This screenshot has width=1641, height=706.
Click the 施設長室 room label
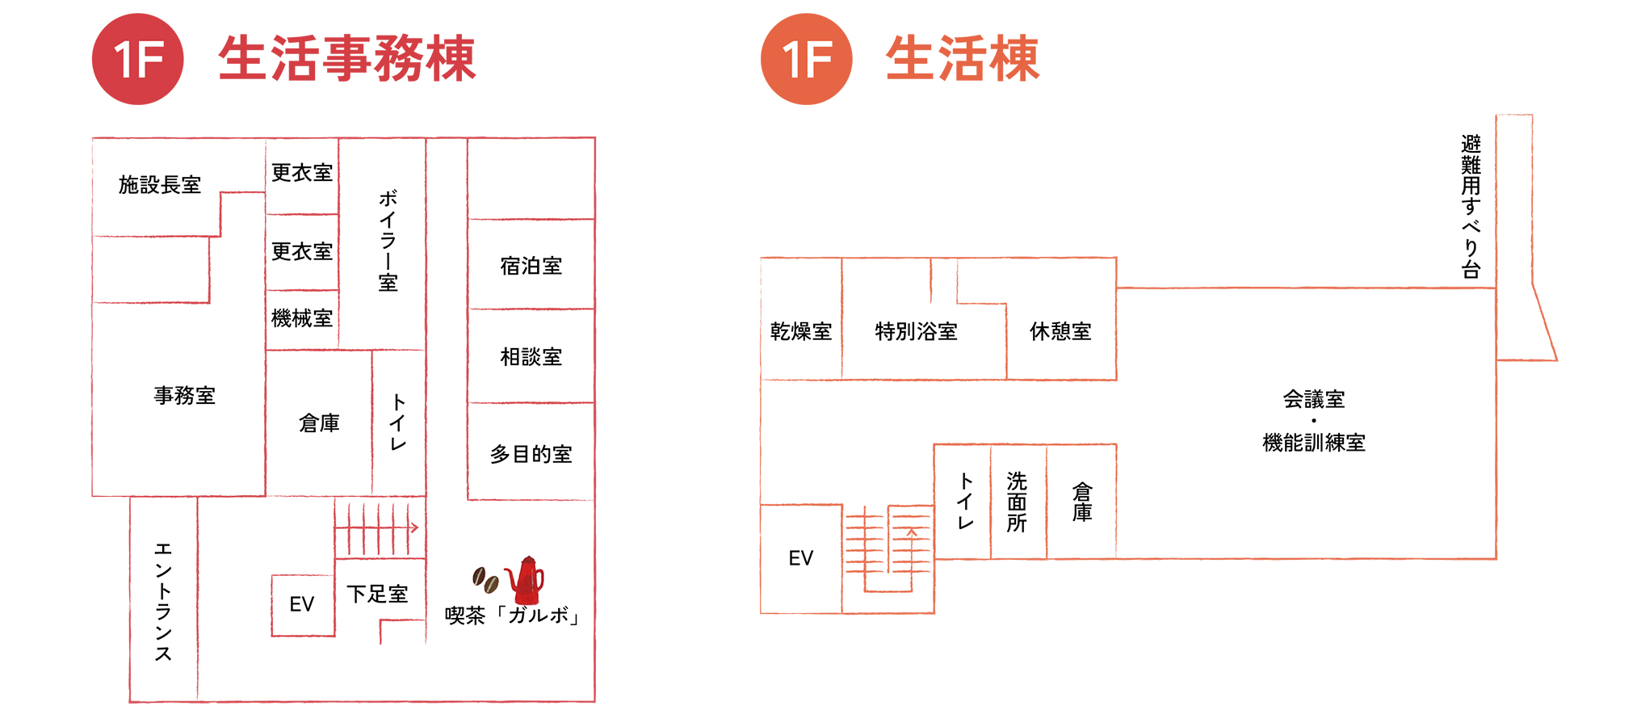click(x=159, y=185)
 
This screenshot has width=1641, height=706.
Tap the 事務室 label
click(x=184, y=395)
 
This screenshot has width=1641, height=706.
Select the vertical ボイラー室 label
click(x=388, y=240)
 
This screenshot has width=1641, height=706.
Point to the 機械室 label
click(x=302, y=318)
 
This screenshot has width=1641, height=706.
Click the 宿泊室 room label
click(x=531, y=266)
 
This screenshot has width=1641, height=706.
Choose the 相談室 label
click(x=531, y=356)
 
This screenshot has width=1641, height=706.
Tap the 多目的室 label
click(x=531, y=454)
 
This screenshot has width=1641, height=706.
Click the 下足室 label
click(x=377, y=595)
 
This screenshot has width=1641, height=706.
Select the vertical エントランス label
click(x=163, y=601)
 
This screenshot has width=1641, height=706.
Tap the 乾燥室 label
click(x=800, y=331)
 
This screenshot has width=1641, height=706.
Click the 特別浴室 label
click(x=916, y=331)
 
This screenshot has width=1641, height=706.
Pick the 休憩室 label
click(x=1060, y=331)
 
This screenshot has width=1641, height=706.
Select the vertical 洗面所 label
click(x=1017, y=502)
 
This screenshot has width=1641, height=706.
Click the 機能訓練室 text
click(x=1313, y=443)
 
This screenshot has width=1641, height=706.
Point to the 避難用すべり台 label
click(x=1471, y=207)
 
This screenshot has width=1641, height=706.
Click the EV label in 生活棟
click(x=800, y=558)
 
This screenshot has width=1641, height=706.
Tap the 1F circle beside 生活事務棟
click(x=138, y=59)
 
